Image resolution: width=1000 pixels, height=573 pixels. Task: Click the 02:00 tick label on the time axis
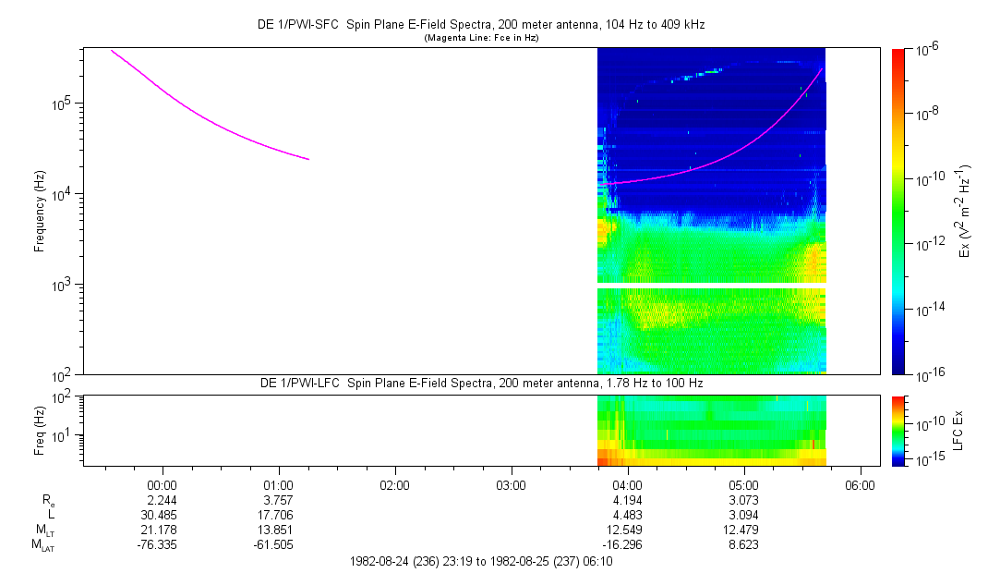click(394, 483)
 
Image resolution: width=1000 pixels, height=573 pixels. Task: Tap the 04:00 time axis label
click(627, 483)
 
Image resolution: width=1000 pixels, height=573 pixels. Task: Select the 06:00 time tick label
click(860, 483)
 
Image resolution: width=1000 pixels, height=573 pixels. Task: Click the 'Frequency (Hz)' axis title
click(40, 212)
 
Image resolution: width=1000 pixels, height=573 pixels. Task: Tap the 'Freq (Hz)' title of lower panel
click(40, 430)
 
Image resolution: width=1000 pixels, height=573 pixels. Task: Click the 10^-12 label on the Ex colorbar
click(927, 244)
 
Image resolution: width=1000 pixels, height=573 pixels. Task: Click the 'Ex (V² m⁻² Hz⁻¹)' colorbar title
click(965, 212)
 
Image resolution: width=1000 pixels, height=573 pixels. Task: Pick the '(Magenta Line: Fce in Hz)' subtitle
click(480, 38)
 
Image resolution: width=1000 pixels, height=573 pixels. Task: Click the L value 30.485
click(163, 515)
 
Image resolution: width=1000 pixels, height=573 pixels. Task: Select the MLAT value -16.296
click(627, 545)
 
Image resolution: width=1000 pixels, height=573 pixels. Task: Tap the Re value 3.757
click(279, 499)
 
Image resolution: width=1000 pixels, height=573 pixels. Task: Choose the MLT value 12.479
click(743, 530)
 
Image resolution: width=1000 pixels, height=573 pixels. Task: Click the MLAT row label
click(41, 545)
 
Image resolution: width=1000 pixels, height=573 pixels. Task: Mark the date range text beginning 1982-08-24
click(480, 561)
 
